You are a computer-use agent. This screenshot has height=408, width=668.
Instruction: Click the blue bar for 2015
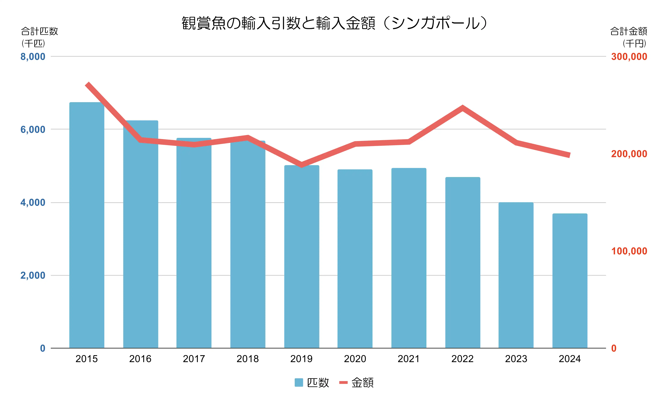click(x=87, y=225)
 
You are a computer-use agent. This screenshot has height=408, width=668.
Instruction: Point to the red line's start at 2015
click(x=87, y=84)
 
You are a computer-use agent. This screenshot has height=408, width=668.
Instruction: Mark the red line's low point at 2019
click(x=301, y=164)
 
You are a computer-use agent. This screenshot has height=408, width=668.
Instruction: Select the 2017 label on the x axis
click(x=194, y=359)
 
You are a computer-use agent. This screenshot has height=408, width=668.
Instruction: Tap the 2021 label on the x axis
click(x=409, y=359)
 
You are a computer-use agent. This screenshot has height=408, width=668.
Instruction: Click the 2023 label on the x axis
click(x=516, y=359)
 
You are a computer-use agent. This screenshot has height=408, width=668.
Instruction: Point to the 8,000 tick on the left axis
click(x=33, y=57)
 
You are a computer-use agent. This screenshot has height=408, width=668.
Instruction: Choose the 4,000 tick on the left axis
click(x=33, y=202)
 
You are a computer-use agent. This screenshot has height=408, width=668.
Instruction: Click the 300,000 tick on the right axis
click(x=629, y=57)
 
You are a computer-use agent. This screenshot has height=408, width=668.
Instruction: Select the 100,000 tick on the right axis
click(x=629, y=251)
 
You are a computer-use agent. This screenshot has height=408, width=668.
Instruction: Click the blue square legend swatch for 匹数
click(x=299, y=382)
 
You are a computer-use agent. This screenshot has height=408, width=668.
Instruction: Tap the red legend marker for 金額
click(x=343, y=382)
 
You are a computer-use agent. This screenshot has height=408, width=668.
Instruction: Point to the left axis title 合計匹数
click(x=40, y=31)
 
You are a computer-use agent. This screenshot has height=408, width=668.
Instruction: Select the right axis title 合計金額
click(x=628, y=31)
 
